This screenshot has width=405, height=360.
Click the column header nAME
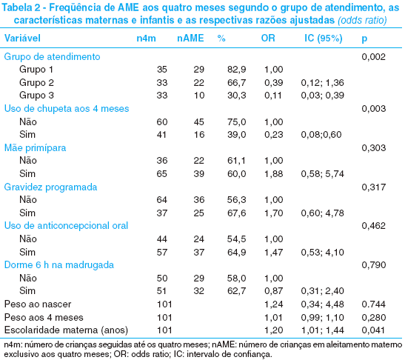coord(190,39)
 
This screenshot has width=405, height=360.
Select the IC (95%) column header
coord(324,39)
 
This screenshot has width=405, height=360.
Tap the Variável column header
coord(22,39)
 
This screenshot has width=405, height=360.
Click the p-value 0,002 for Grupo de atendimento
coord(373,57)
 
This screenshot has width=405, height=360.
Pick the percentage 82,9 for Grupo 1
coord(237,70)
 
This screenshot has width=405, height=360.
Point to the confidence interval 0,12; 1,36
coord(322,83)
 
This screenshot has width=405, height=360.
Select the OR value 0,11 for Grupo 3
coord(273,96)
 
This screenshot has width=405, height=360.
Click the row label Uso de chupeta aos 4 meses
coord(67,109)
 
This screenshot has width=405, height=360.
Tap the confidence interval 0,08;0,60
coord(321,135)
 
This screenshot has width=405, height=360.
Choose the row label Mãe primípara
coord(35,148)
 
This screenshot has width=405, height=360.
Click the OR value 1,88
coord(273,173)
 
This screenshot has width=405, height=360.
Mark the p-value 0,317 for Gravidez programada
coord(374,187)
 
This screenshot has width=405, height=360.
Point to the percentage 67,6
coord(237,213)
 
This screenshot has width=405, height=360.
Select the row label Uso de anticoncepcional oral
coord(66,226)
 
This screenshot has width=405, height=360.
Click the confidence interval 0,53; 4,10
coord(322,253)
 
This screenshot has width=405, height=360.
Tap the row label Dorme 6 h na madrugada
coord(59,265)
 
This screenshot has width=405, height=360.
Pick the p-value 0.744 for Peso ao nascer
coord(373,304)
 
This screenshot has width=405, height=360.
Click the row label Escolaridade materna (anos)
coord(66,330)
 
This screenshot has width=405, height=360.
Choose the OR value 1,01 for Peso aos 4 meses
coord(273,317)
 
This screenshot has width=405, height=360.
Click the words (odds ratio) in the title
coord(362,20)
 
